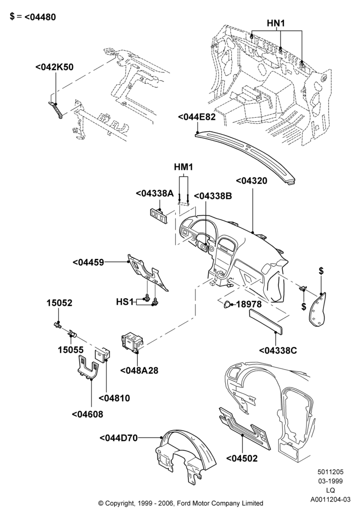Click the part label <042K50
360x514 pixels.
[x=55, y=67]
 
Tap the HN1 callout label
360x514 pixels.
[x=276, y=23]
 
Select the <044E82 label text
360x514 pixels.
[x=197, y=117]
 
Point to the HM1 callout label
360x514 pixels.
[x=183, y=167]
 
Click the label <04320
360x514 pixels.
[x=251, y=180]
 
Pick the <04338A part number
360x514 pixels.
[x=155, y=194]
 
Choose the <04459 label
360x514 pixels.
[x=88, y=262]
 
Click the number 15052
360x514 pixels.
[x=59, y=303]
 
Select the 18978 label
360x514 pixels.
[x=249, y=304]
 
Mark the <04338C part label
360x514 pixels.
[x=278, y=351]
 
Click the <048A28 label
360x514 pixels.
[x=139, y=371]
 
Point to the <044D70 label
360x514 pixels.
[x=118, y=438]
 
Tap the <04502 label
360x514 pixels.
[x=242, y=458]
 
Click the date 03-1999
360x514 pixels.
[x=330, y=481]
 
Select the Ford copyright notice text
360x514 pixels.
[x=181, y=503]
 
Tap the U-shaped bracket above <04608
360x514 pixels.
[x=87, y=368]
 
